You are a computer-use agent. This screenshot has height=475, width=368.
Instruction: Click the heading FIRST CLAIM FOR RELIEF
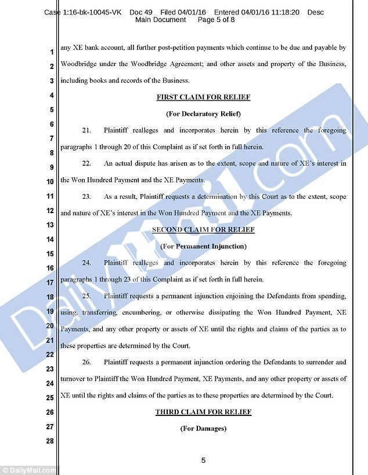(203, 97)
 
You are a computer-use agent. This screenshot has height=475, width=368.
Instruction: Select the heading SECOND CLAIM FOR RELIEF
(203, 230)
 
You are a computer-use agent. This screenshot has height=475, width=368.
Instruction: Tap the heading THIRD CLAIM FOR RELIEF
(203, 412)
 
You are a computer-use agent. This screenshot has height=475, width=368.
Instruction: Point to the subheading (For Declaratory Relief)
(203, 114)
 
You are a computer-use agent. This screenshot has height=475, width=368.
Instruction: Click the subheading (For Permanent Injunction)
(203, 247)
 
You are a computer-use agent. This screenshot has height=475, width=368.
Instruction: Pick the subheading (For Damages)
(203, 429)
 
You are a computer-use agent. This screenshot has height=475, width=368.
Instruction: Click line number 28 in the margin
(49, 441)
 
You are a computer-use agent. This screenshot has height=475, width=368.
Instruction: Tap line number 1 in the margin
(51, 52)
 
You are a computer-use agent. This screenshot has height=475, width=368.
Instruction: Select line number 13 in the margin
(49, 225)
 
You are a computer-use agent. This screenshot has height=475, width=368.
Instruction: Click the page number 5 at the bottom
(203, 461)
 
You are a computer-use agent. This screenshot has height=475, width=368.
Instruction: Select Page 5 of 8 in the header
(216, 20)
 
